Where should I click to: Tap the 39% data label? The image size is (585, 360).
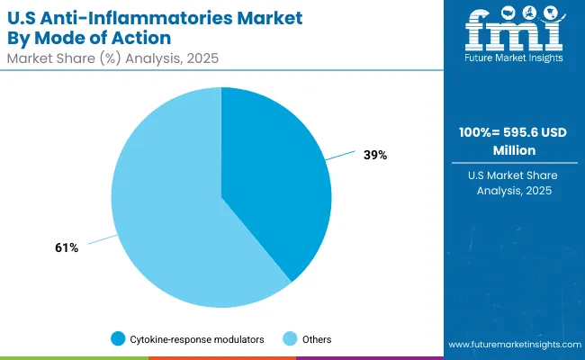coord(375,155)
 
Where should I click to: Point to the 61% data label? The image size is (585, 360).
coord(67,247)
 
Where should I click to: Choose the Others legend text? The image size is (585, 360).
coord(317,339)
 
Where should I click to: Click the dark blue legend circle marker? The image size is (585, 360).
coord(118,339)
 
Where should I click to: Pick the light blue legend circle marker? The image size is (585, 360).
coord(290,339)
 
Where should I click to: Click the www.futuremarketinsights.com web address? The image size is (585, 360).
coord(512,345)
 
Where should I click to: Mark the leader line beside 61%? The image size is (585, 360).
coord(102,240)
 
